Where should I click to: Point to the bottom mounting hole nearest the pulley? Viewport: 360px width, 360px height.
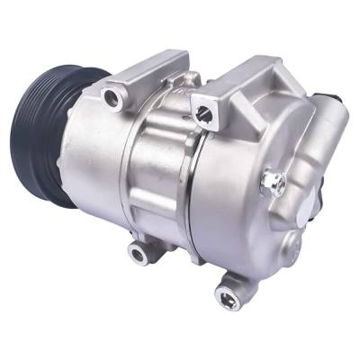pyautogui.click(x=139, y=255)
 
